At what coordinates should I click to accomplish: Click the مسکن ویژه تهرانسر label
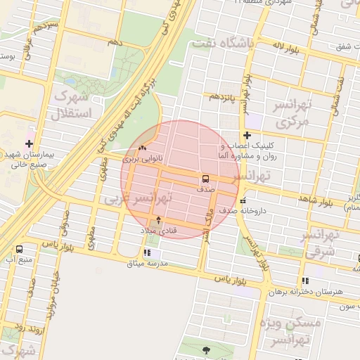[x=290, y=332]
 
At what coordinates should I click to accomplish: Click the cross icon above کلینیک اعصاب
[x=246, y=135]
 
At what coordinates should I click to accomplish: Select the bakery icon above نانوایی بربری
[x=143, y=148]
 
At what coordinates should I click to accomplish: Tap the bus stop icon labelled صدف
[x=206, y=178]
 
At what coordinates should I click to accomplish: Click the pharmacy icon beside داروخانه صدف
[x=243, y=202]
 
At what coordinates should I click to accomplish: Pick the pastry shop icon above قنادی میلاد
[x=157, y=220]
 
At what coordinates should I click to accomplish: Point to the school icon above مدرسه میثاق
[x=146, y=252]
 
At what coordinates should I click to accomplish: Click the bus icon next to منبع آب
[x=19, y=249]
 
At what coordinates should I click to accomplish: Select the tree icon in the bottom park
[x=205, y=349]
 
